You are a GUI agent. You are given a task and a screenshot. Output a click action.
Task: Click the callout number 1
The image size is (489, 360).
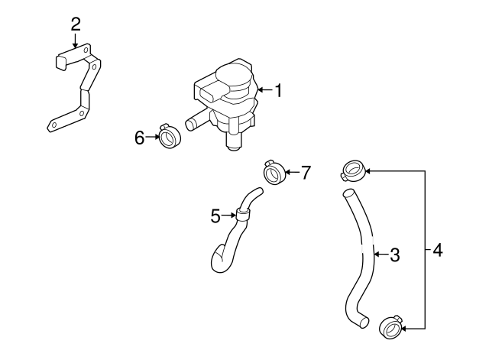279,92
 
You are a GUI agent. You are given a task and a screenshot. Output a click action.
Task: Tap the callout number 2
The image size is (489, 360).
75,23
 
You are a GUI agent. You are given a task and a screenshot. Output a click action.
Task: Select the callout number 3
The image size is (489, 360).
394,255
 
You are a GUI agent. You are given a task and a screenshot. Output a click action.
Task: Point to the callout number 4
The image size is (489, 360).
436,250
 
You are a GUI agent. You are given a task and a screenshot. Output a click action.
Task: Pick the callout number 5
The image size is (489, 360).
216,216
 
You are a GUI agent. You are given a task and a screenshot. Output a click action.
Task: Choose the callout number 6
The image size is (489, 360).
140,138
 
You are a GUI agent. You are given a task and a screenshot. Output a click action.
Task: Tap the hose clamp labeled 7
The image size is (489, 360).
274,173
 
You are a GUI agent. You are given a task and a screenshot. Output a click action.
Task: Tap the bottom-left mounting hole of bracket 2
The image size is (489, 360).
54,125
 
